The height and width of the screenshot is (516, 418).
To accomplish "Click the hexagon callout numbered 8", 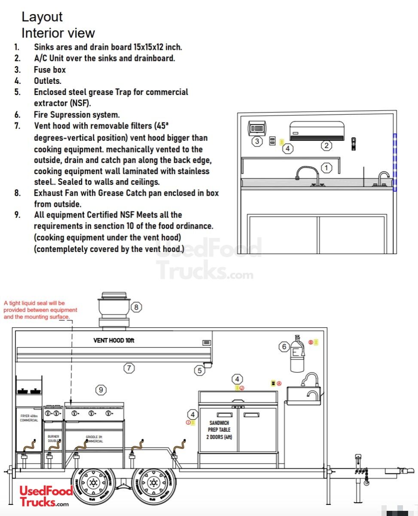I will click(x=136, y=307).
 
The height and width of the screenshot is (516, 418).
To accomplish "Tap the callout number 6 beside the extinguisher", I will click(x=284, y=347).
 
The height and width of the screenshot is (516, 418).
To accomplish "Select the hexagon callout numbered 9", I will click(x=101, y=390).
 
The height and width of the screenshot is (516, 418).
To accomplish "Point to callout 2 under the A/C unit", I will click(x=326, y=145).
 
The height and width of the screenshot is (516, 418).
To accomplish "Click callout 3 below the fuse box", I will click(x=257, y=141).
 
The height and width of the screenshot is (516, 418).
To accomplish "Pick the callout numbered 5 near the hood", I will click(x=199, y=370).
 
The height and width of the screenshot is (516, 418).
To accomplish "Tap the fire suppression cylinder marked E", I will click(x=296, y=355).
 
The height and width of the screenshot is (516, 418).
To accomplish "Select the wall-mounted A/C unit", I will click(x=317, y=131).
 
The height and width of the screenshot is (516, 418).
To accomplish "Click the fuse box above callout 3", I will click(x=257, y=128).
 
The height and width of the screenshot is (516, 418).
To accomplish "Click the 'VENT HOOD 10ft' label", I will click(x=114, y=341).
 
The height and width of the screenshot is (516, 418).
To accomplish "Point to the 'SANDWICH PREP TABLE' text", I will click(x=220, y=430).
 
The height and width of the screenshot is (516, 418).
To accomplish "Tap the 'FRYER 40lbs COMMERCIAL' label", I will click(x=29, y=418).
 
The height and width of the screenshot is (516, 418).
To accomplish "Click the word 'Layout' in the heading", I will click(x=42, y=17).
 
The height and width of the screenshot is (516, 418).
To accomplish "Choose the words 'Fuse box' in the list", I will click(x=50, y=70).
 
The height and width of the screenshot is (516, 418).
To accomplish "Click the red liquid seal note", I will click(x=40, y=310).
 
